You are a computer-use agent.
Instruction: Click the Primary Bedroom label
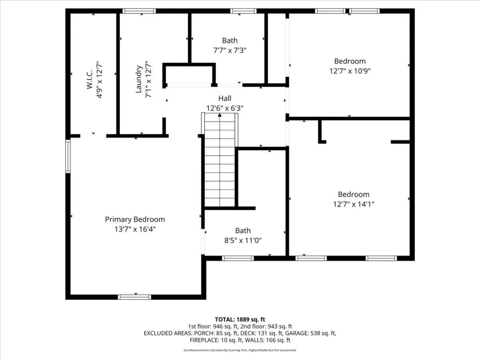click(x=135, y=219)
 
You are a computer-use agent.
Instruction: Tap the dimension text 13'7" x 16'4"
click(x=135, y=229)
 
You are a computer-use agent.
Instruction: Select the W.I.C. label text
click(x=90, y=80)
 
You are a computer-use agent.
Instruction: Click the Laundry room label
click(x=139, y=79)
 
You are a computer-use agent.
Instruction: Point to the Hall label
click(x=225, y=98)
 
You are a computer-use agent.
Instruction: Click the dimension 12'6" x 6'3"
click(x=225, y=108)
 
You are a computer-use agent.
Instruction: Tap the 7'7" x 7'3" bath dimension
click(x=230, y=50)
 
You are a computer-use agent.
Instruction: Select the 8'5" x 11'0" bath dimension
click(x=243, y=240)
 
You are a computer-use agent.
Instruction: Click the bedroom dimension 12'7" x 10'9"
click(x=350, y=71)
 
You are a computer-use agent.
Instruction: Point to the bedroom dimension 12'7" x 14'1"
click(x=353, y=204)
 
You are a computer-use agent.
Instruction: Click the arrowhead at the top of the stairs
click(x=219, y=115)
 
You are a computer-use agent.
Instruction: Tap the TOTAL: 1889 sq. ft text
click(x=240, y=320)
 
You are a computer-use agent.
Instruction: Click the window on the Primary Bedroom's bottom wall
click(x=135, y=297)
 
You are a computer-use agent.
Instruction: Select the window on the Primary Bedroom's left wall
click(x=68, y=156)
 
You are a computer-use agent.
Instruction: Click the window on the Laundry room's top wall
click(x=139, y=11)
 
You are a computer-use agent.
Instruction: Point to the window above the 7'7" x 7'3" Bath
click(x=243, y=11)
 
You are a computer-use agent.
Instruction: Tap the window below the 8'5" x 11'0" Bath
click(x=238, y=258)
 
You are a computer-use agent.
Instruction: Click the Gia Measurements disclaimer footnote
click(x=240, y=350)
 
